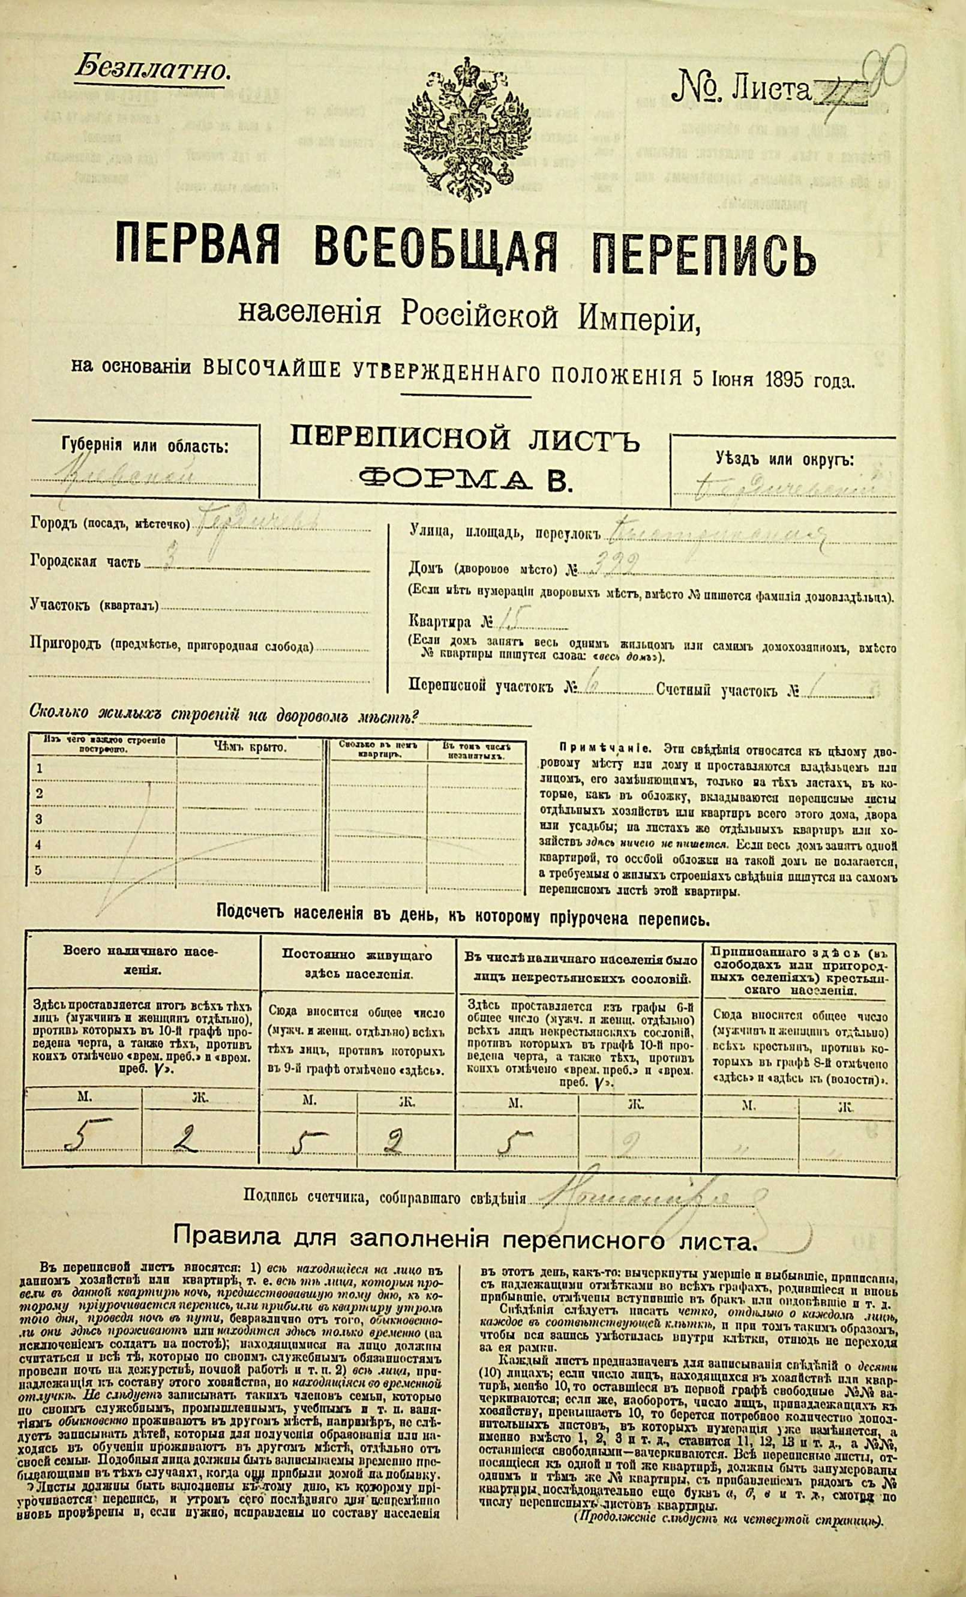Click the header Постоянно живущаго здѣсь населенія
[358, 965]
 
